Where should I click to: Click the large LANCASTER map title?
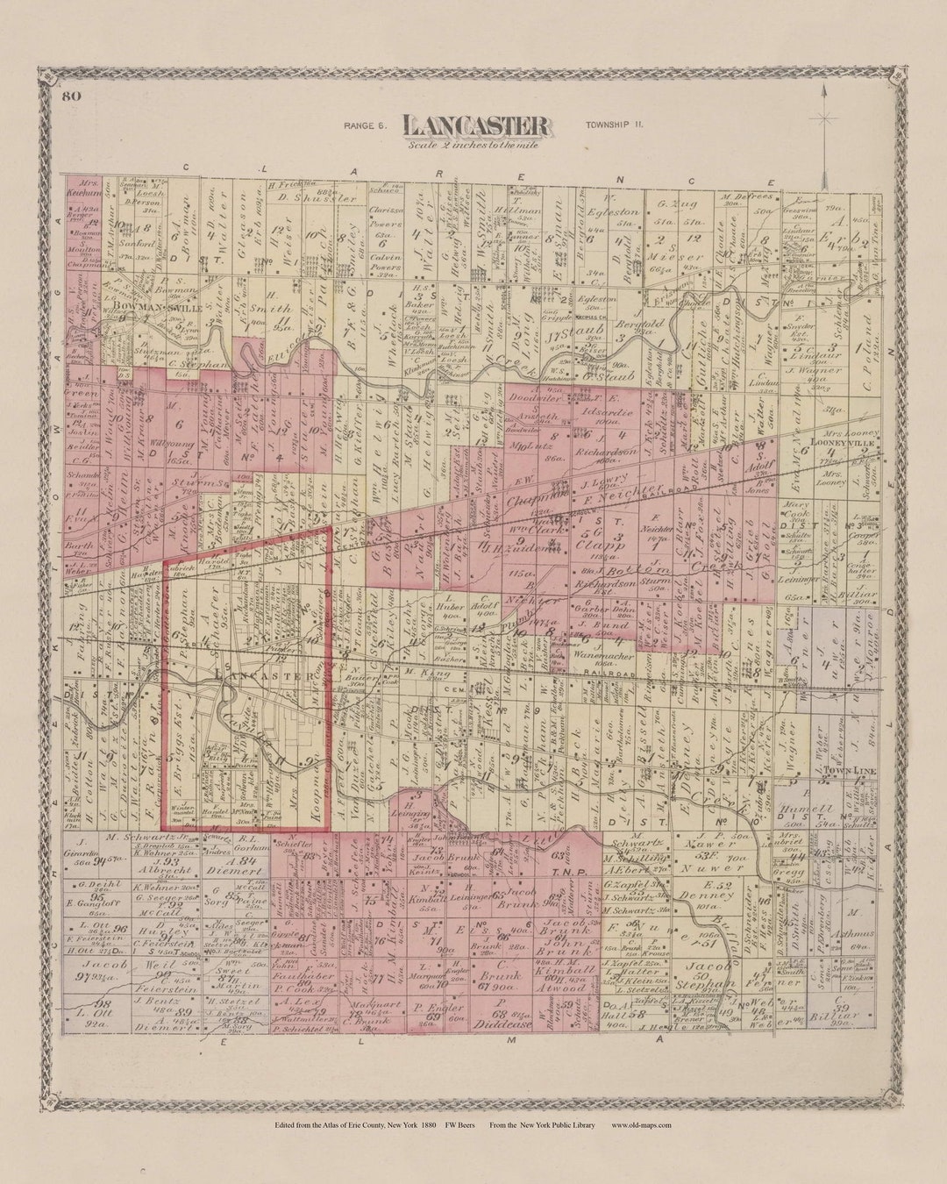click(477, 126)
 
